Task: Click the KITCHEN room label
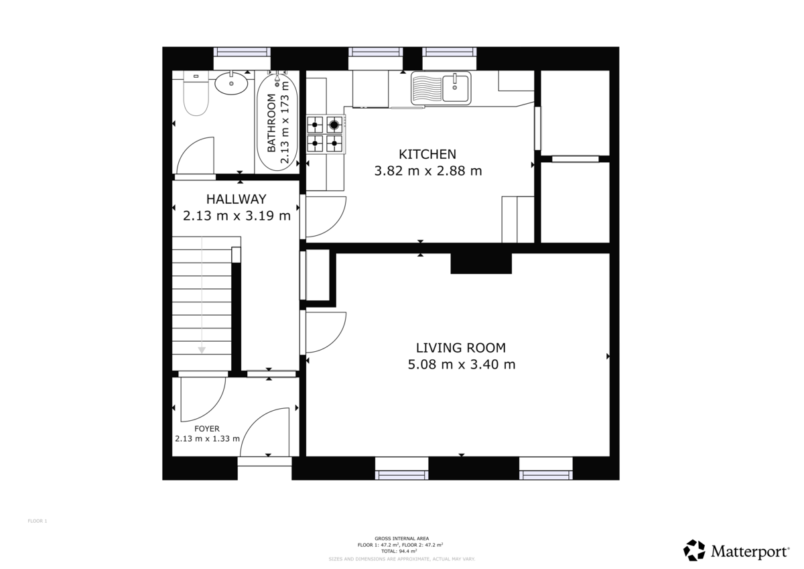coord(427,153)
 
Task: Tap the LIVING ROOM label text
coord(460,348)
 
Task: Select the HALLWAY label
coord(236,199)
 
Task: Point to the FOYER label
coord(207,429)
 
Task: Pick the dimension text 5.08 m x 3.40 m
coord(461,365)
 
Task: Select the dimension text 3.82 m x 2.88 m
coord(427,171)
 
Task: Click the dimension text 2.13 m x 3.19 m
coord(236,216)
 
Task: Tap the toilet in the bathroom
coord(196,95)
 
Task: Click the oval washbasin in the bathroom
coord(231,83)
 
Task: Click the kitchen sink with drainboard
coord(441,88)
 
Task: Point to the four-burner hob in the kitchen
coord(325,133)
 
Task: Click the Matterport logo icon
coord(694,550)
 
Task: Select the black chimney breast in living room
coord(480,263)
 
